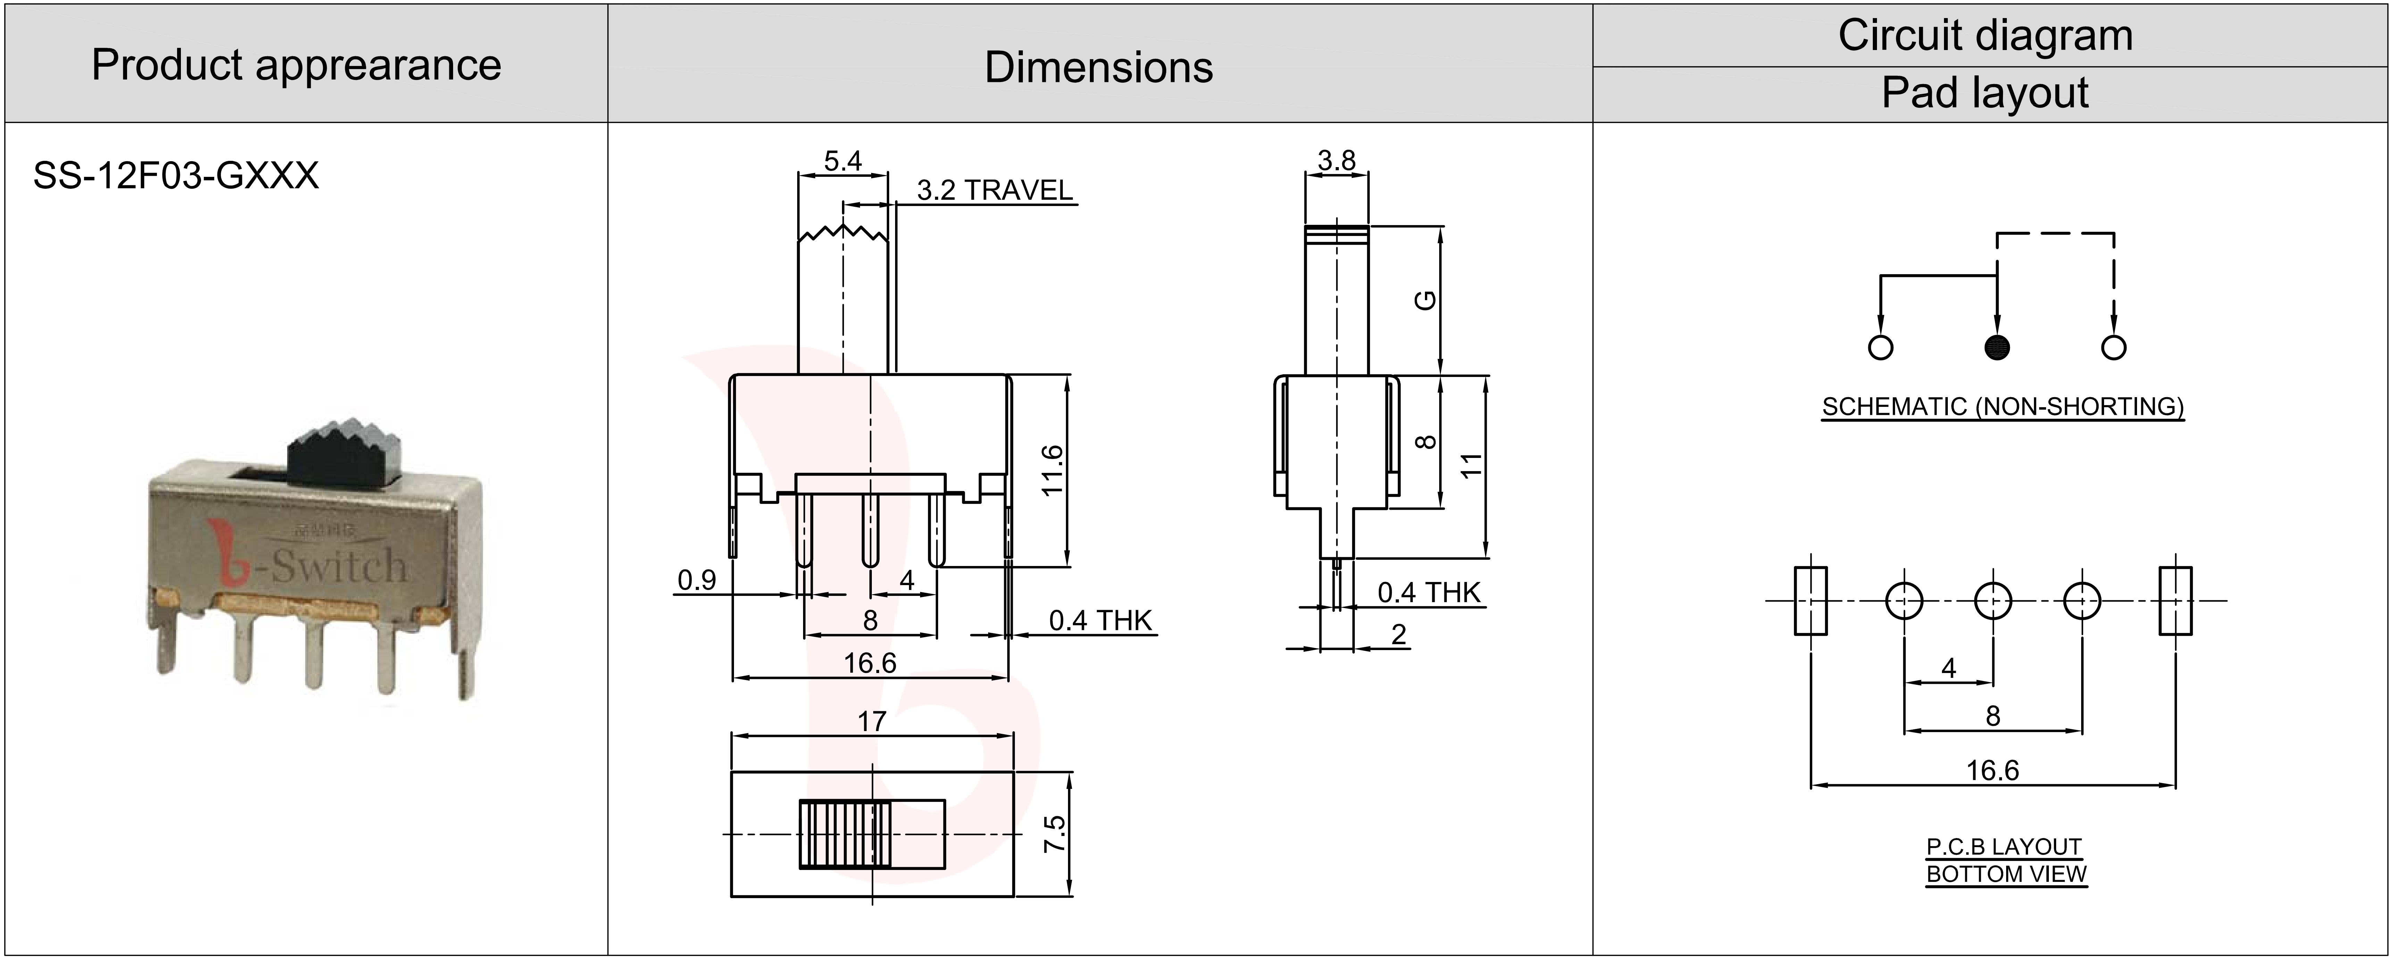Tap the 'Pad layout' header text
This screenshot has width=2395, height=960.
1985,93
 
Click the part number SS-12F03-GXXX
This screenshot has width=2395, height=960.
176,175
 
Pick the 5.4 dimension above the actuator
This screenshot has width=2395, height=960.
842,161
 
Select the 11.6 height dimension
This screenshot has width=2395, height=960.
1052,471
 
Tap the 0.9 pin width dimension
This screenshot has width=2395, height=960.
696,581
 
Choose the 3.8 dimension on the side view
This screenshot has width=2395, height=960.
1336,161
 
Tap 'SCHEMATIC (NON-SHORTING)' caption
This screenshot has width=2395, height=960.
2003,407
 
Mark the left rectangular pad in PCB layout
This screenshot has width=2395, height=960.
1810,601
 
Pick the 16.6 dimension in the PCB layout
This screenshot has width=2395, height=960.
1993,770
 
